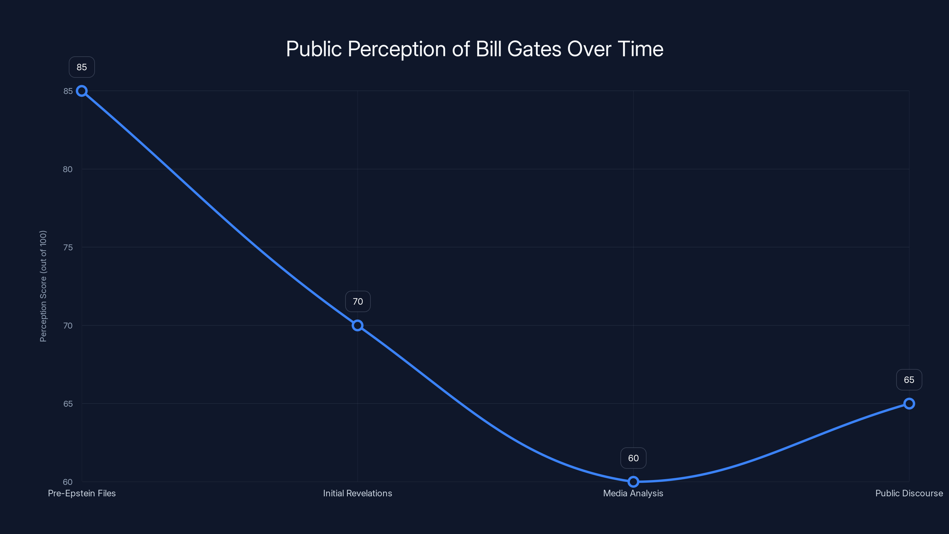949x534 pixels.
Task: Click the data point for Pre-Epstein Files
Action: click(x=82, y=91)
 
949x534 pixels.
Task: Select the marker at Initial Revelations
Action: click(x=357, y=325)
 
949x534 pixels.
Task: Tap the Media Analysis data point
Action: click(x=633, y=482)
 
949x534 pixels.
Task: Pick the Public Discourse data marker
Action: click(x=909, y=403)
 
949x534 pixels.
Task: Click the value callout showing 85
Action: click(x=82, y=67)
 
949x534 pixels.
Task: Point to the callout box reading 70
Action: click(x=358, y=301)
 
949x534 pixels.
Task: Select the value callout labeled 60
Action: click(x=633, y=458)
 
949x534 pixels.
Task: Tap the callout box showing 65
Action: click(x=909, y=380)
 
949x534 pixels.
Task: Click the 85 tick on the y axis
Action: click(x=68, y=91)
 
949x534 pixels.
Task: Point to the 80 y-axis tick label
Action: click(x=68, y=169)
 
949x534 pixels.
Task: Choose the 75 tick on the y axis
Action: click(x=68, y=247)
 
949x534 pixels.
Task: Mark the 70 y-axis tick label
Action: click(x=68, y=325)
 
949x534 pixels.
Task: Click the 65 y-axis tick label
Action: click(x=68, y=403)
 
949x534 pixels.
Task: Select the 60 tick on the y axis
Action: click(x=68, y=482)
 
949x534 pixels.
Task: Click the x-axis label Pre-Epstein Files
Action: click(x=82, y=493)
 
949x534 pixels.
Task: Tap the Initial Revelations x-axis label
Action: click(x=357, y=493)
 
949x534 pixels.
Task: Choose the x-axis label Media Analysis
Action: click(x=633, y=493)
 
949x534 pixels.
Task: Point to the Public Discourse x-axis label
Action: click(x=909, y=493)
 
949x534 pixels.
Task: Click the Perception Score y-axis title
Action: click(x=43, y=286)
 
